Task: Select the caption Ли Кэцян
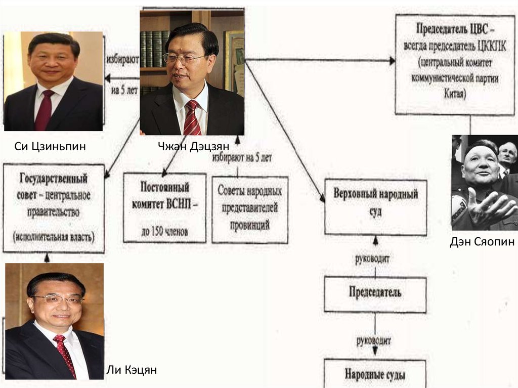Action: click(131, 370)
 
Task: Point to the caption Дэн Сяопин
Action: click(482, 242)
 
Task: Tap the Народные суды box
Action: click(375, 375)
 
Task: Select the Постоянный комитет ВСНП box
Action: click(165, 207)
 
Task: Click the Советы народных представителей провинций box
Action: click(250, 209)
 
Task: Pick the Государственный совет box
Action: click(54, 207)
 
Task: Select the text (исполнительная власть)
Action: click(54, 236)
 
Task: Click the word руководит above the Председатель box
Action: click(375, 258)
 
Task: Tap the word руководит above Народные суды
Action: click(375, 340)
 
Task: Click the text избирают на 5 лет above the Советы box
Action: click(242, 157)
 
